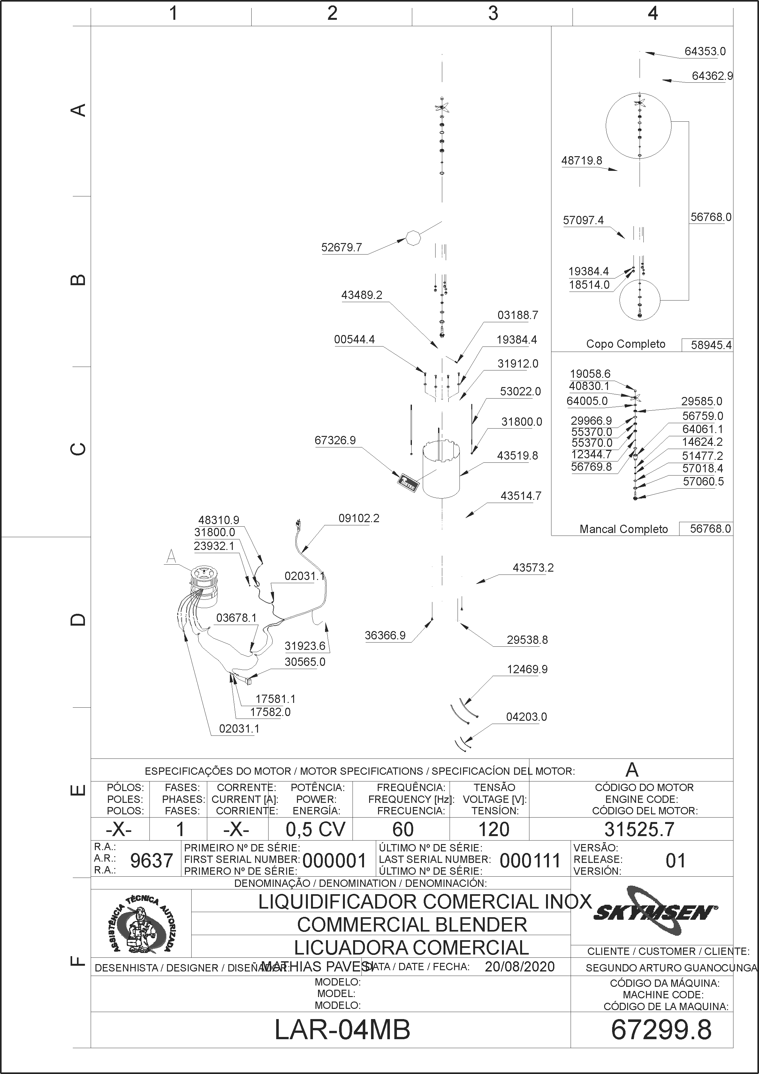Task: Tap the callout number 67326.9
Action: [x=335, y=440]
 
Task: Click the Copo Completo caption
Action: [x=626, y=344]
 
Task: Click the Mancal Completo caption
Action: [x=624, y=529]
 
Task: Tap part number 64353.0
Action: [x=705, y=51]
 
